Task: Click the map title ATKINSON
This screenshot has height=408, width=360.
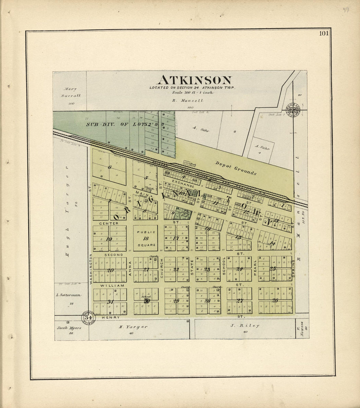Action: point(195,80)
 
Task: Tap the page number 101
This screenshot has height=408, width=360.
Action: point(324,33)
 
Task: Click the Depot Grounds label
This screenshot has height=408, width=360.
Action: point(236,168)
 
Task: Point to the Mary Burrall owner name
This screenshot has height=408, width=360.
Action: point(70,92)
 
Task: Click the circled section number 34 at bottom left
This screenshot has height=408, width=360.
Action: point(88,318)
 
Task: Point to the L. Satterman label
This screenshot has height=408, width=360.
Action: point(68,295)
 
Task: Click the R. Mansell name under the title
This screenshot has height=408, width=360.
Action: point(188,101)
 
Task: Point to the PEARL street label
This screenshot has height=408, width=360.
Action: point(255,268)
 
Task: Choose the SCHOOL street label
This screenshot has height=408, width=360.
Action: point(224,268)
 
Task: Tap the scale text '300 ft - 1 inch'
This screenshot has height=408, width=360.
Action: point(193,92)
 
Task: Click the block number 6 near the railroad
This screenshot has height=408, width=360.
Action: point(110,167)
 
